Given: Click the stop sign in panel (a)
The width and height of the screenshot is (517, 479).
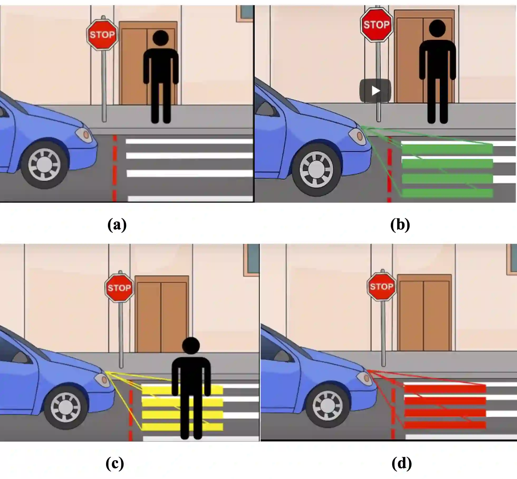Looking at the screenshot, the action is click(x=102, y=34).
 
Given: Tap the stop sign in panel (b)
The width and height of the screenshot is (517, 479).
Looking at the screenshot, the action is click(x=376, y=25).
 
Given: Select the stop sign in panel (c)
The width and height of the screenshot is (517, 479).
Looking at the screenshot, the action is click(x=119, y=287).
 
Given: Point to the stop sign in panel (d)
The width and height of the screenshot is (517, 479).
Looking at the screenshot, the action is click(x=381, y=286).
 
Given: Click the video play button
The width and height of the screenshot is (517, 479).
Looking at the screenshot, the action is click(x=375, y=91).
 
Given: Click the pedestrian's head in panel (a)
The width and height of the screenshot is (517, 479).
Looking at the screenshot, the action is click(x=161, y=38).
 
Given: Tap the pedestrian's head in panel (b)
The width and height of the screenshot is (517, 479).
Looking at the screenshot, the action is click(x=437, y=28).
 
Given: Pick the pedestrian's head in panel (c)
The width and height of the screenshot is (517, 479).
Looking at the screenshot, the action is click(x=191, y=346).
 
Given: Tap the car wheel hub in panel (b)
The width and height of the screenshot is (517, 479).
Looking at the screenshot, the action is click(x=316, y=169).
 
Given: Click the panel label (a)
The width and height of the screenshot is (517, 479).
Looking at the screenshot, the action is click(x=117, y=225).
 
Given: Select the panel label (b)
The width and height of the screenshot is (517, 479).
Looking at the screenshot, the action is click(x=400, y=225).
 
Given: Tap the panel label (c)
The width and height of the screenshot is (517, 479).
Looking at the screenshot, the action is click(x=115, y=463).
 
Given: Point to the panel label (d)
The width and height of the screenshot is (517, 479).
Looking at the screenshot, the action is click(x=402, y=463).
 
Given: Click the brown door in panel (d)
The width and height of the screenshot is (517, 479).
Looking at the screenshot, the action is click(x=424, y=313).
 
